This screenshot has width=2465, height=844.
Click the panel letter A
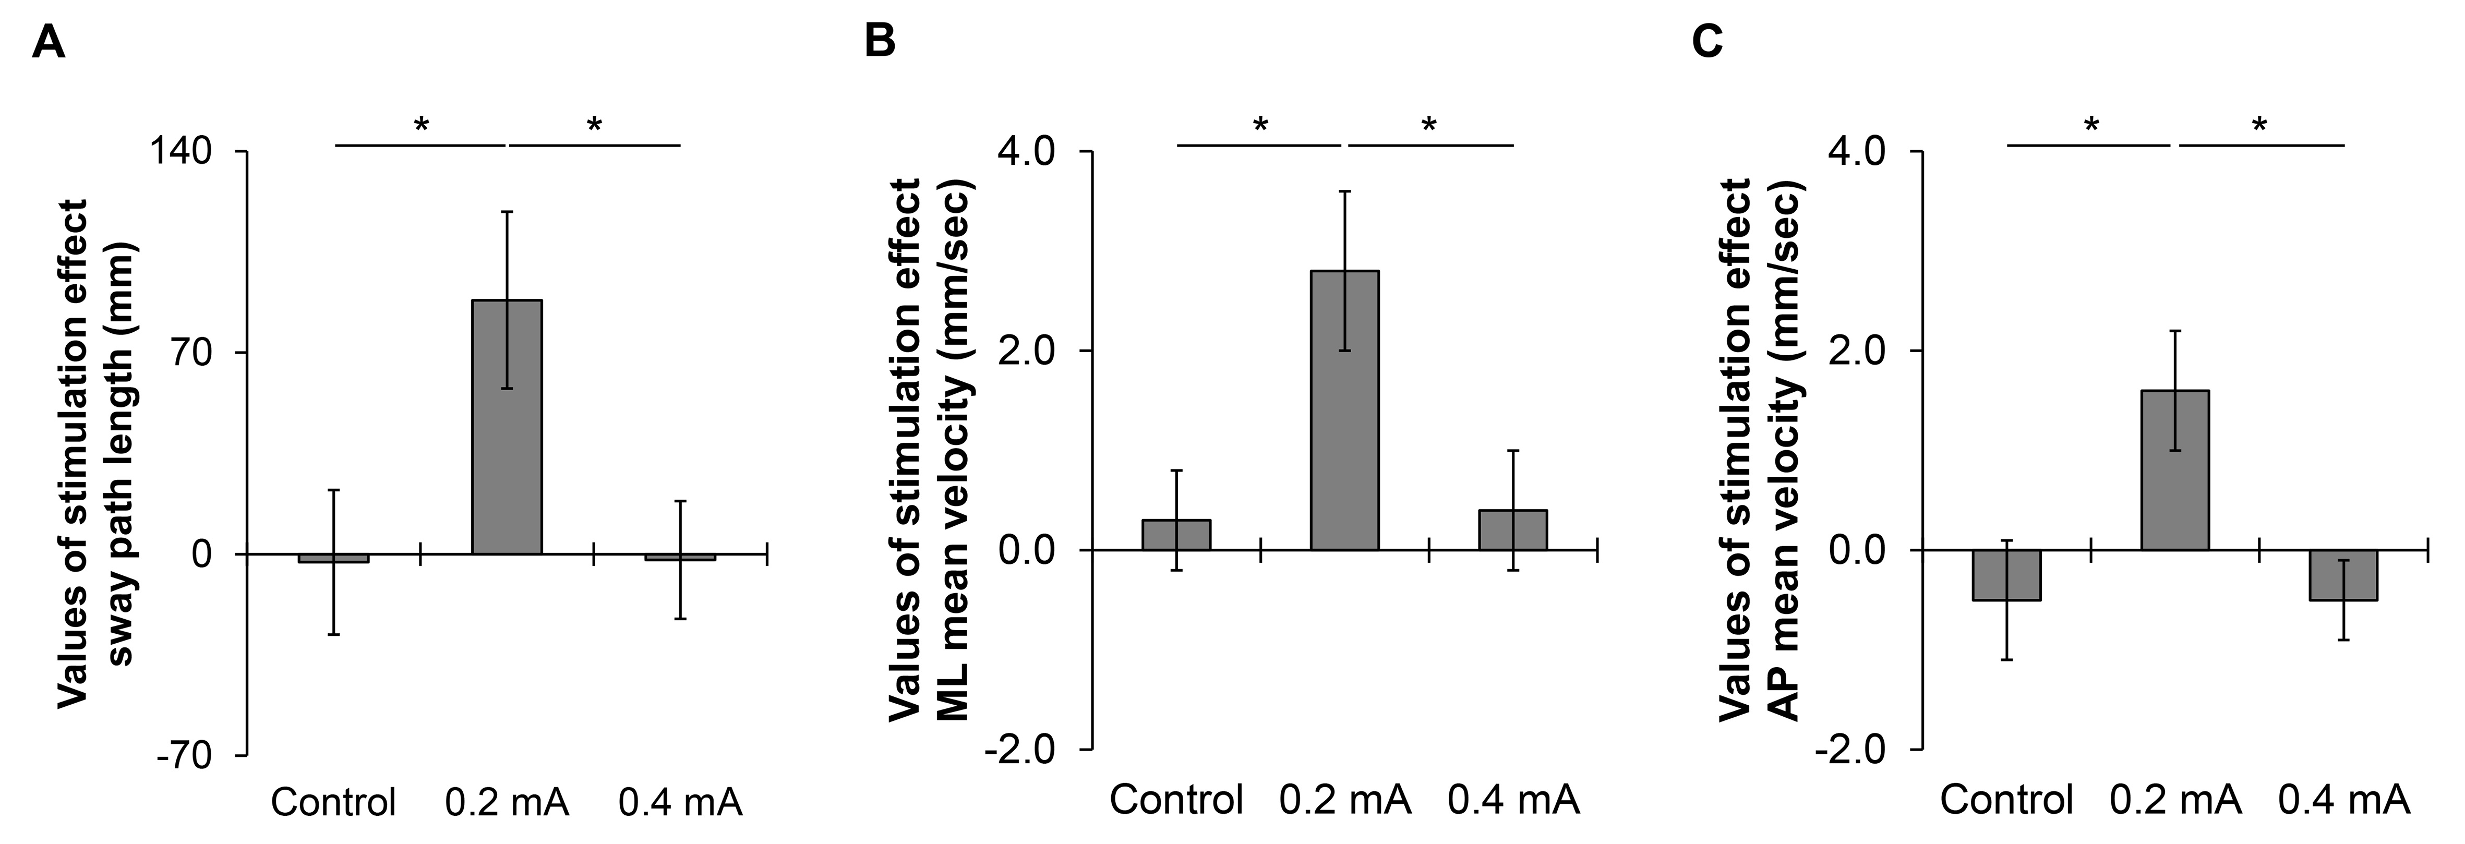tap(48, 43)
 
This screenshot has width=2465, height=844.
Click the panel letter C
tap(1708, 43)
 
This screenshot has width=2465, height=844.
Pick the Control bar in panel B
tap(1176, 535)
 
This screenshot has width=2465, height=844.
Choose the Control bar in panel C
tap(2006, 574)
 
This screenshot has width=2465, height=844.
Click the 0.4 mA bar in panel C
tap(2342, 574)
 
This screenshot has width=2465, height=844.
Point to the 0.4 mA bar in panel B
tap(1513, 530)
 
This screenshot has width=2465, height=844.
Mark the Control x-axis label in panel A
tap(333, 802)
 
